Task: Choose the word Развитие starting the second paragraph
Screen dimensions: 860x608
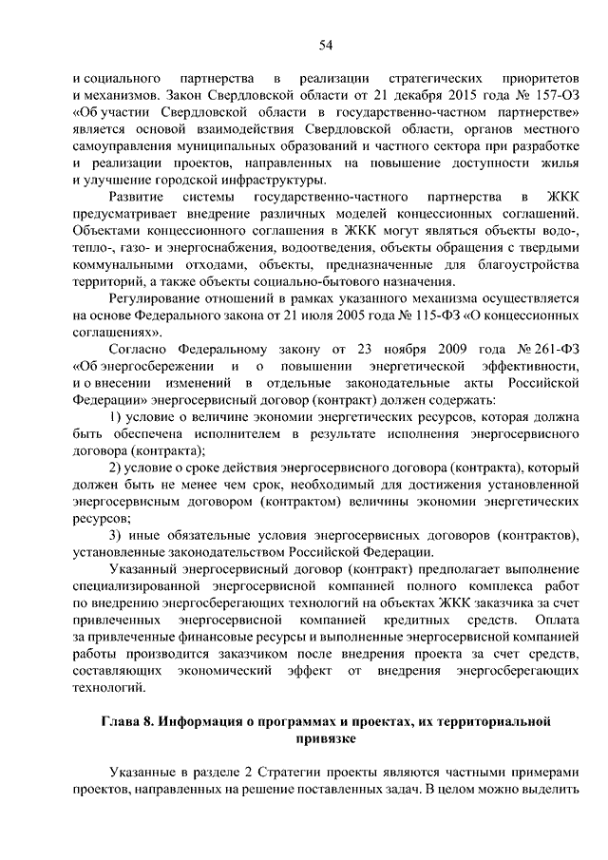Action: click(x=140, y=198)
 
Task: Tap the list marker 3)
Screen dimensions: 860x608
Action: click(x=113, y=535)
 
